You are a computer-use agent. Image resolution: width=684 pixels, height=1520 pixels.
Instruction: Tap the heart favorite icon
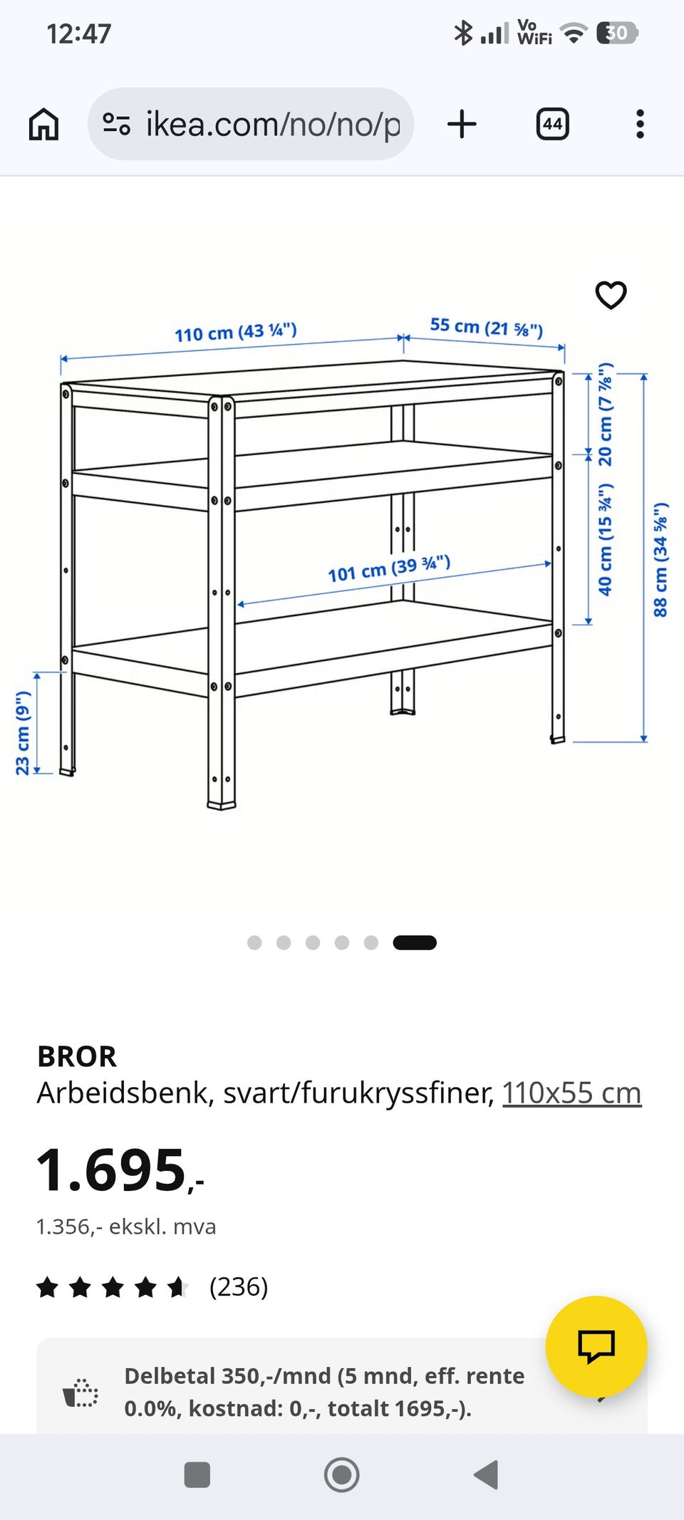611,295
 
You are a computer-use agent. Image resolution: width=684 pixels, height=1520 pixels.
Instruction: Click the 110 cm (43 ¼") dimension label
236,332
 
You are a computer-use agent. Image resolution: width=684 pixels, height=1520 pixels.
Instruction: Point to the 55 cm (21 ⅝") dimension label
487,327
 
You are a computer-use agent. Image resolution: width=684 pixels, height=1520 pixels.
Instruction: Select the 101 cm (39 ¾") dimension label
389,568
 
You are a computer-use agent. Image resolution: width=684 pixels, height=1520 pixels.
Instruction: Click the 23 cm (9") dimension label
23,732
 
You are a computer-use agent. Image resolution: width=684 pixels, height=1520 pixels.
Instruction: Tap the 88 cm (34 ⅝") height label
660,559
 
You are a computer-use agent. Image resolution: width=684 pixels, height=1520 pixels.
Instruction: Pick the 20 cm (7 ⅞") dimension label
605,415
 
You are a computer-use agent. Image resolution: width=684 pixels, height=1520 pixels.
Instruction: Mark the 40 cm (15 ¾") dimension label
605,539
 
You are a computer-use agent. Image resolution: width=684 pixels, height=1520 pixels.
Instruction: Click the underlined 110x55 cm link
571,1093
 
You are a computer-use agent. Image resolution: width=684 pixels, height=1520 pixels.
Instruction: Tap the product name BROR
77,1056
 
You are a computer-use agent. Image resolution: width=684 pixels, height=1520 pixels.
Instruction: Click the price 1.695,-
120,1170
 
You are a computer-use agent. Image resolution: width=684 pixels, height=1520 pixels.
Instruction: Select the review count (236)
239,1287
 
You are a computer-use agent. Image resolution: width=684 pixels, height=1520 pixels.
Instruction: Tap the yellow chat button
596,1346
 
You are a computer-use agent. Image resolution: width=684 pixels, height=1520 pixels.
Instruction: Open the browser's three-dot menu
640,124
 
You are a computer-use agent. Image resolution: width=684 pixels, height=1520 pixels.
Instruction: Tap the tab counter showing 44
552,124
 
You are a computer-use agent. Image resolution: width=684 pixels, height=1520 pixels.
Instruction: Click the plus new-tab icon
462,124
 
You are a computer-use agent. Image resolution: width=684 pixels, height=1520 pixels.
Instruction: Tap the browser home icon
43,124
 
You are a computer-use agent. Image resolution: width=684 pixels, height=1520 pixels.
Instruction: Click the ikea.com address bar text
273,125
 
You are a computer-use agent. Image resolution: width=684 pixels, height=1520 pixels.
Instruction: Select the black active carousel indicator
415,942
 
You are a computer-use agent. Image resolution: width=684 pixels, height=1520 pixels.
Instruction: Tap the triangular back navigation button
486,1474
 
